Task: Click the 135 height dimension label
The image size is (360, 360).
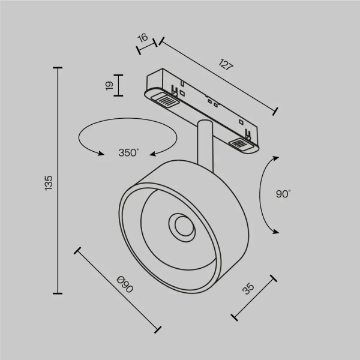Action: point(49,181)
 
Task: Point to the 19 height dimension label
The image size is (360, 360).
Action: point(109,85)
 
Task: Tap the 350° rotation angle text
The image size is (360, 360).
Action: point(128,153)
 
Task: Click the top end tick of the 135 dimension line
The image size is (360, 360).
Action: point(58,68)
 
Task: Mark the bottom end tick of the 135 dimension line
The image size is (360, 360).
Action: point(58,293)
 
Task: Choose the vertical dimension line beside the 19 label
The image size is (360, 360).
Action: point(119,85)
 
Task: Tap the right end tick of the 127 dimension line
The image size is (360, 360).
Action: point(276,110)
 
